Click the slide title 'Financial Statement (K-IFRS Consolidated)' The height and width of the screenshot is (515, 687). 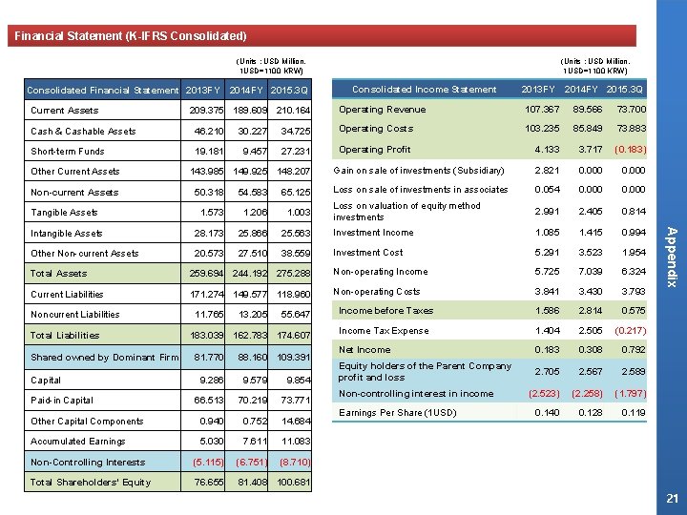(x=131, y=36)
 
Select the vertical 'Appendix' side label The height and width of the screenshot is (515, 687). (x=671, y=255)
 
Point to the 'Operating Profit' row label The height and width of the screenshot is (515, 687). (x=374, y=150)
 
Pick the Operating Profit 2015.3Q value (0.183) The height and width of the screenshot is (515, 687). (x=630, y=150)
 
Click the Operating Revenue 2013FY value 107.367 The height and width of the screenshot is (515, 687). (x=539, y=110)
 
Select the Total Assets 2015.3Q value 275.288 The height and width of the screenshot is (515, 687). (x=293, y=274)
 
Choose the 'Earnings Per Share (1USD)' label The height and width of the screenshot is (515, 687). (x=396, y=412)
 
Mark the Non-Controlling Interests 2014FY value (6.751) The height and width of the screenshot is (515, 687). (x=253, y=462)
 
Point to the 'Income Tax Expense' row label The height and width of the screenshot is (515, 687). (x=384, y=331)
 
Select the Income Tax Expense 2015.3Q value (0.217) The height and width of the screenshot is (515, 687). (x=630, y=331)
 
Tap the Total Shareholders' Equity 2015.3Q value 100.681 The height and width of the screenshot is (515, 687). (x=293, y=483)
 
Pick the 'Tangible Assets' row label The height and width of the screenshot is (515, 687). (x=64, y=213)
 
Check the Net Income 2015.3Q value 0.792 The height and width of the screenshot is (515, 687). (x=633, y=351)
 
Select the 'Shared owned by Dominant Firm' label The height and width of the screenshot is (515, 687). (x=104, y=358)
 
